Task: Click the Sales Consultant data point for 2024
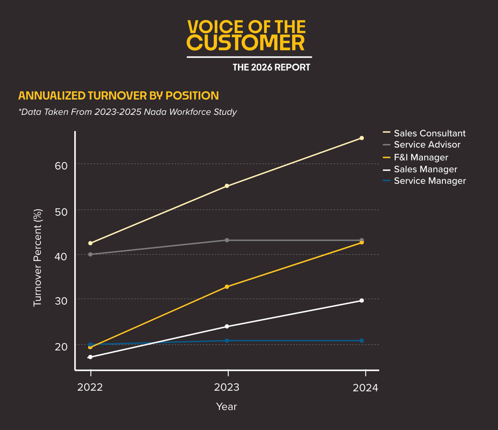[x=361, y=138]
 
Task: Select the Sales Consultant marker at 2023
[x=227, y=186]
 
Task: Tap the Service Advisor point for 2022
[x=90, y=254]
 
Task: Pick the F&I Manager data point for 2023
[x=227, y=287]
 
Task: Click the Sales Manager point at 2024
[x=361, y=300]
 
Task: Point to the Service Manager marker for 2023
[x=227, y=341]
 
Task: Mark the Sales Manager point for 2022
[x=90, y=357]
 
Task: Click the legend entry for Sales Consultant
[x=430, y=133]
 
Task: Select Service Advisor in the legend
[x=427, y=145]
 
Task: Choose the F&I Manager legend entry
[x=421, y=157]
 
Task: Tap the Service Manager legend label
[x=430, y=181]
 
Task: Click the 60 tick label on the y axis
[x=61, y=166]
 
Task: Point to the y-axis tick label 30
[x=61, y=301]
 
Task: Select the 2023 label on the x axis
[x=227, y=387]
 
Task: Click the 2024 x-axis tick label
[x=365, y=388]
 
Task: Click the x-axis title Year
[x=226, y=406]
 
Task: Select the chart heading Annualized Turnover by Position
[x=118, y=96]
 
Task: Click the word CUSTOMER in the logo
[x=246, y=43]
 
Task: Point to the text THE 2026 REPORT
[x=271, y=67]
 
